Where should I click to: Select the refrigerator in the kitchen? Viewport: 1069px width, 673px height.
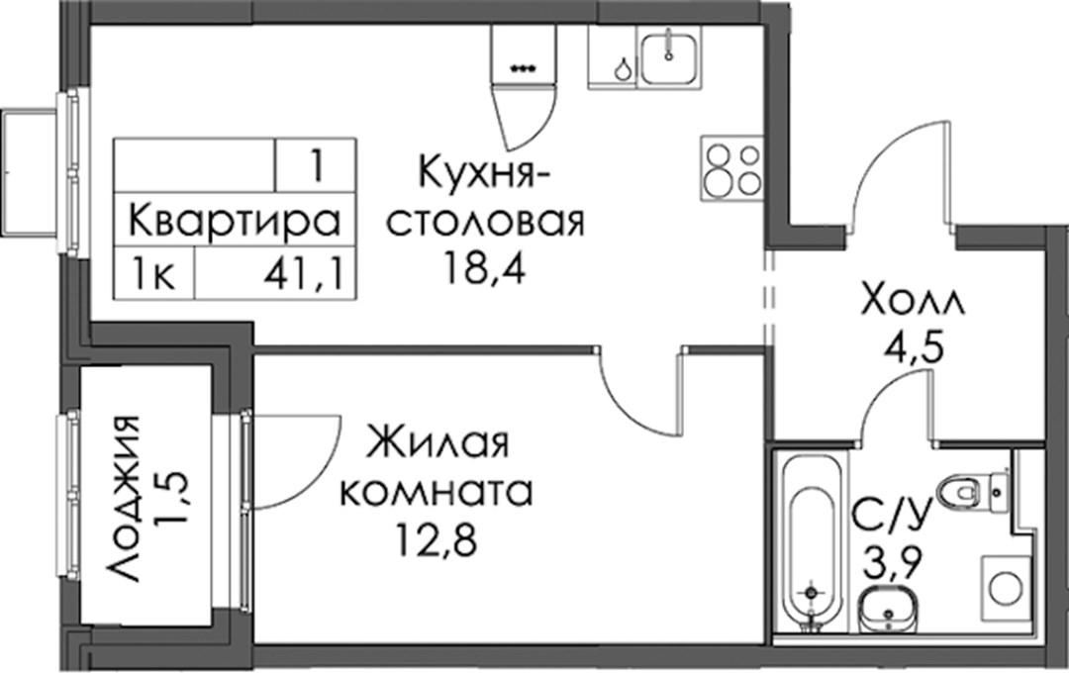coord(523,54)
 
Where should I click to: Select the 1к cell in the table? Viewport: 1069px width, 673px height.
coord(154,275)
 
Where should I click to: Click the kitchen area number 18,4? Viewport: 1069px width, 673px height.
coord(485,268)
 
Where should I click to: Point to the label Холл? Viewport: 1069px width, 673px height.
coord(913,302)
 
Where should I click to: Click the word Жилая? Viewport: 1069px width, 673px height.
coord(437,443)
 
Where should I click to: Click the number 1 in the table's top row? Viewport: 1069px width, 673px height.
coord(316,165)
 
